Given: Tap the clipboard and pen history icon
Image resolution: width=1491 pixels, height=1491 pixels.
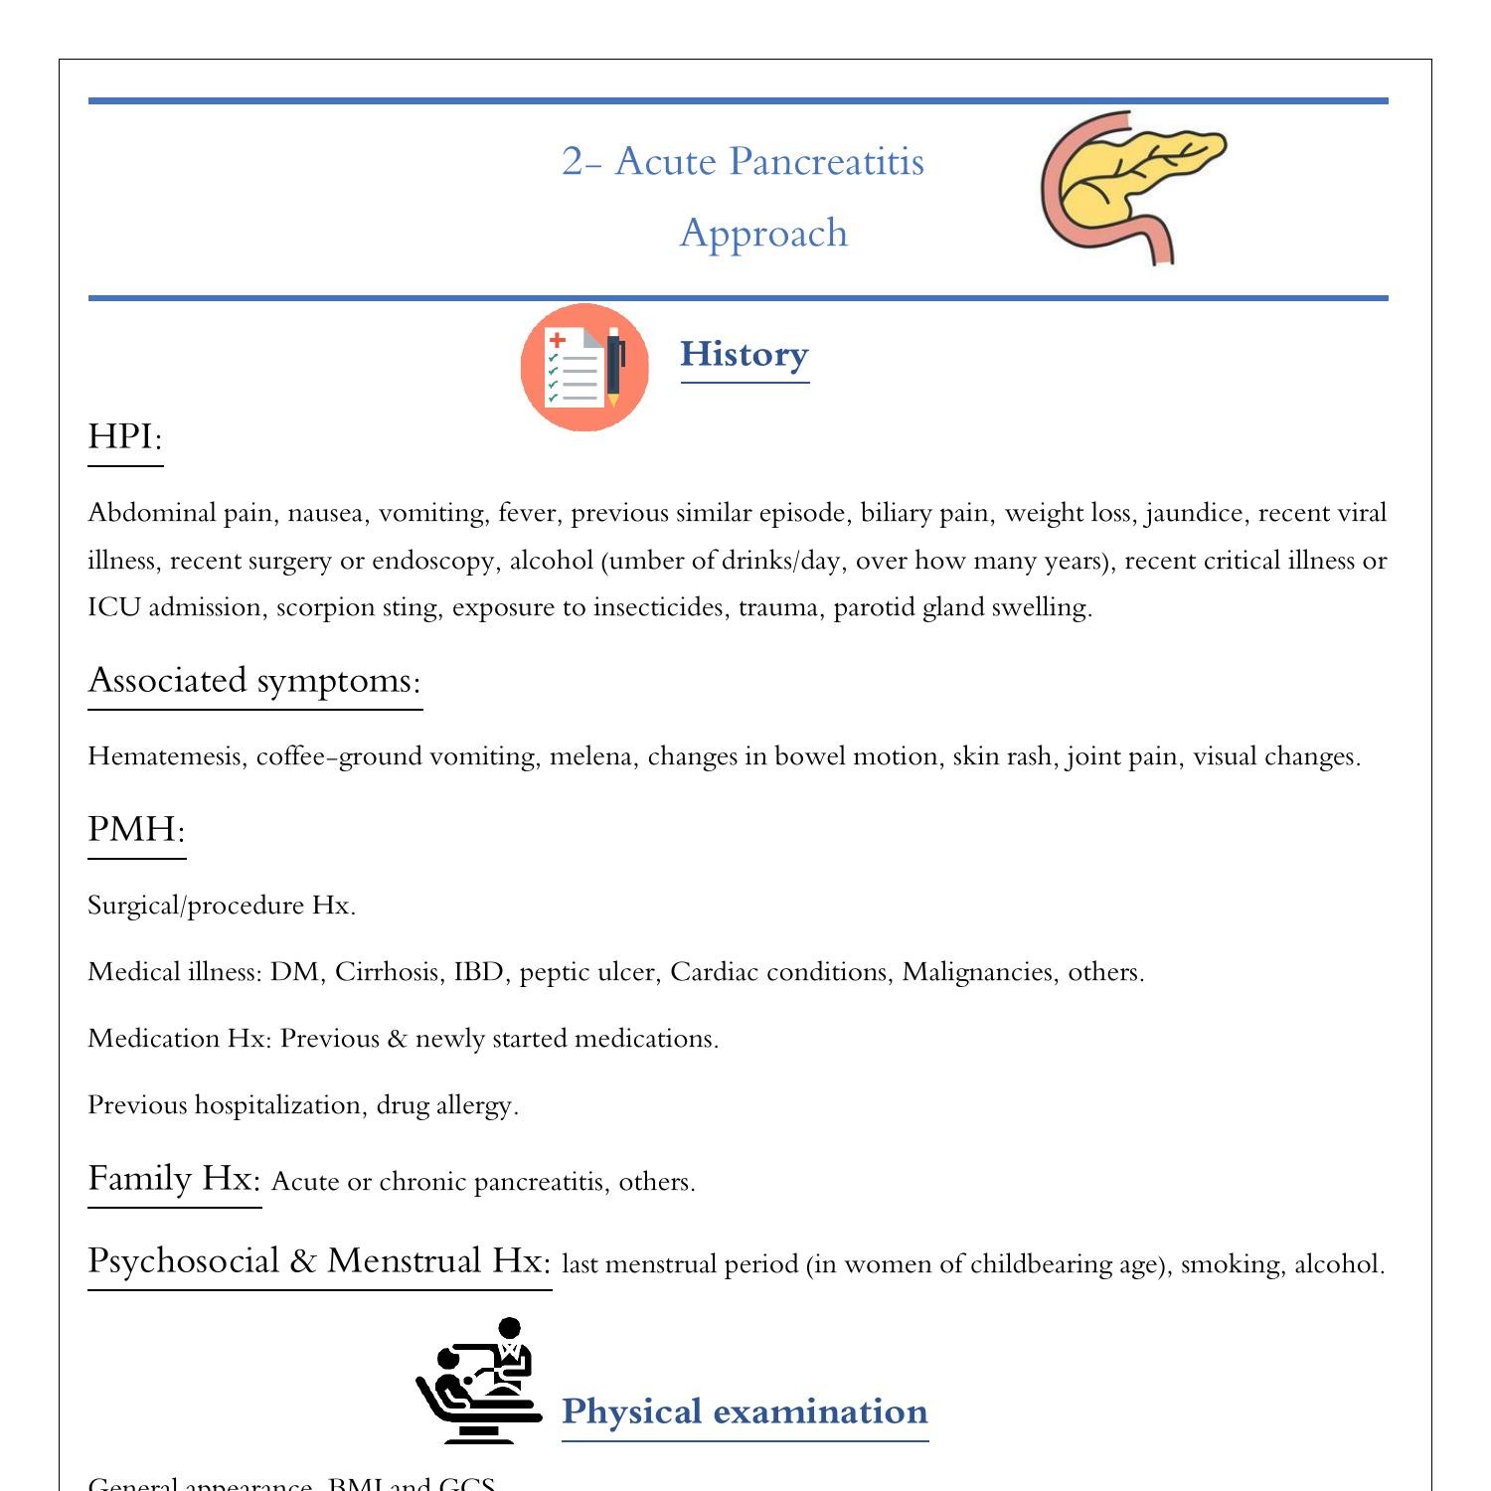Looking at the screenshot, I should pos(584,367).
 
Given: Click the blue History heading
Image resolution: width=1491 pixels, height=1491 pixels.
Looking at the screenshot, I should pos(744,354).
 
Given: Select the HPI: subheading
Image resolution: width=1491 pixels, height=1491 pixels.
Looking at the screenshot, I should pos(125,436).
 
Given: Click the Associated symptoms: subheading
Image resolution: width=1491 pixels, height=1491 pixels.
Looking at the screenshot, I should pos(254,681).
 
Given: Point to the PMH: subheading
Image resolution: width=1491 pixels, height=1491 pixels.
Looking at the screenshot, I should pos(136,829).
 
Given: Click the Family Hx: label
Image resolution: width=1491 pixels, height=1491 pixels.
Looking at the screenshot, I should pos(174,1179).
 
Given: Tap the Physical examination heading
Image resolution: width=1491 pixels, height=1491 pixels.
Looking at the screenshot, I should pos(745,1411).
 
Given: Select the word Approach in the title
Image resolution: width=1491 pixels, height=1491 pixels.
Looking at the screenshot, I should pos(763,234).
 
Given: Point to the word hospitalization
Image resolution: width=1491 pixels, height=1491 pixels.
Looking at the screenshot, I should pos(277,1105).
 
